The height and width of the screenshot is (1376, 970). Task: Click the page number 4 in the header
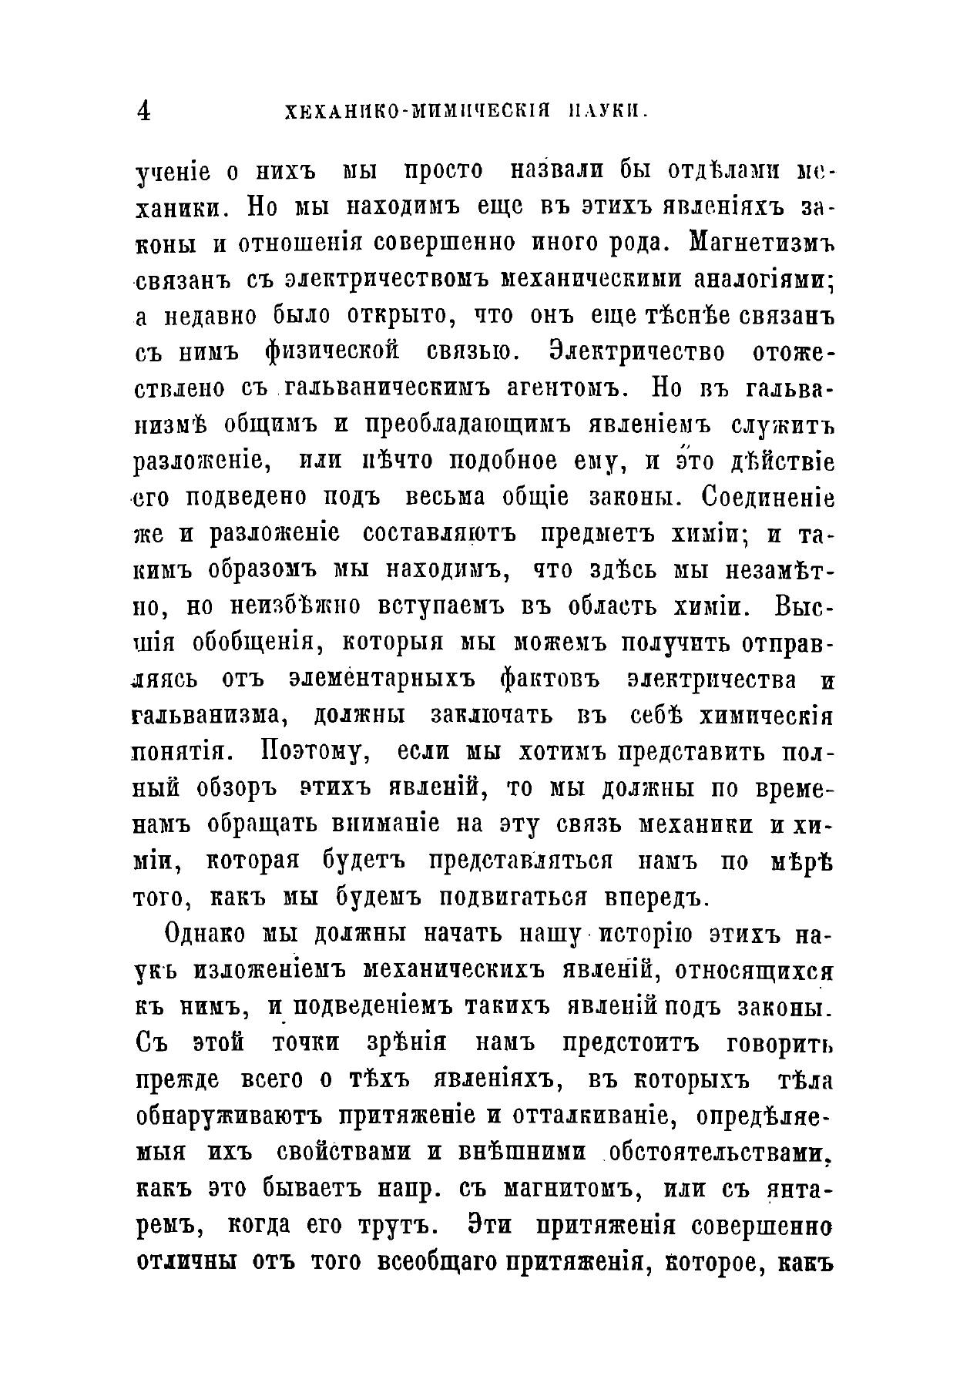pos(143,112)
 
